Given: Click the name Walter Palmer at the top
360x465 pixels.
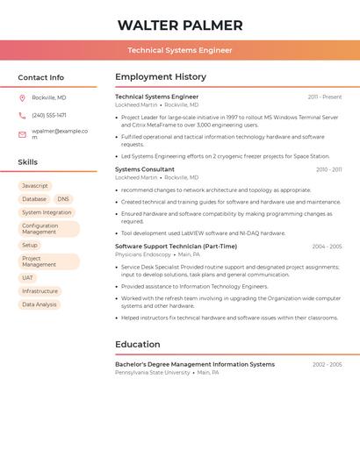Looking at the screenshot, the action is (x=180, y=25).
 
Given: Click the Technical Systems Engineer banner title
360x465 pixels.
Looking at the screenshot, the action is (x=180, y=50).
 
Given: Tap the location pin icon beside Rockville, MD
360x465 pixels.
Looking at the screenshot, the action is (x=22, y=97).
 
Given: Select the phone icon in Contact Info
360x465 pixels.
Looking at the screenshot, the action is (x=22, y=115).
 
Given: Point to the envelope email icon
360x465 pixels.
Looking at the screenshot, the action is (x=22, y=134).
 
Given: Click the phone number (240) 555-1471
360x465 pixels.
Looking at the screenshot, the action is (x=49, y=115).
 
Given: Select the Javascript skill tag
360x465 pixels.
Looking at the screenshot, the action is (x=35, y=186).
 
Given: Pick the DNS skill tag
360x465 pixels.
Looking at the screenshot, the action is (x=63, y=199).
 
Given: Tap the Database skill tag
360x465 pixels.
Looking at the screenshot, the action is (x=34, y=199).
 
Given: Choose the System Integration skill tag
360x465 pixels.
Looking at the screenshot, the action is (x=47, y=212).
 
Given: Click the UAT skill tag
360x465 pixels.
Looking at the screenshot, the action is (x=28, y=277).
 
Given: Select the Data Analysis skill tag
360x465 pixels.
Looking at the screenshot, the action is (x=40, y=304).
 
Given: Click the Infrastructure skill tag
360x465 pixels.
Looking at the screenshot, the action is (x=40, y=291).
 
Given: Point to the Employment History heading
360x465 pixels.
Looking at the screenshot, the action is (x=161, y=77).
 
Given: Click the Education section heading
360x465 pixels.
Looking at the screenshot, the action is (x=138, y=344).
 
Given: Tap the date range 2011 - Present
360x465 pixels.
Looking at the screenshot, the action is (x=325, y=97).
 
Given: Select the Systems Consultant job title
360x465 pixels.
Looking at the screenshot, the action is (x=145, y=169).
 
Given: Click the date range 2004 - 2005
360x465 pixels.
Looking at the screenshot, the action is (x=327, y=247).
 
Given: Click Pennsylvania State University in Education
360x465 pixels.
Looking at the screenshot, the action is (x=153, y=372).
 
